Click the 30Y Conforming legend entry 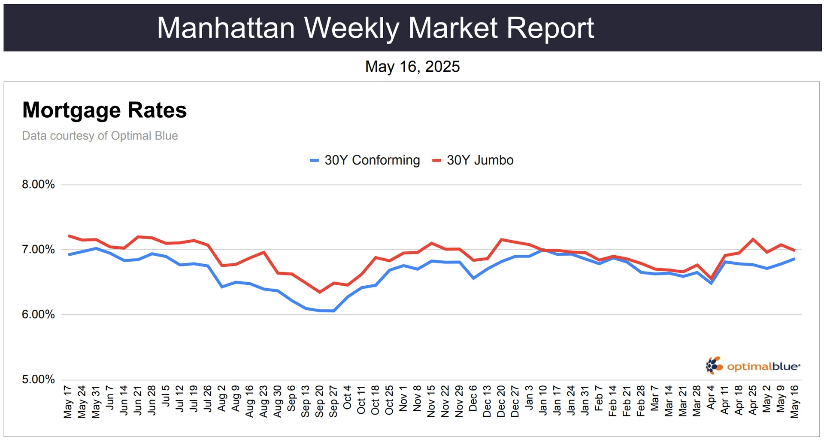[x=365, y=160]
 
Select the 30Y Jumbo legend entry [x=473, y=160]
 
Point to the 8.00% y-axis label [x=38, y=185]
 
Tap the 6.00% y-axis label [x=38, y=315]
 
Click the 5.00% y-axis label [x=38, y=379]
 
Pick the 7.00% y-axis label [x=38, y=250]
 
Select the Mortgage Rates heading [x=104, y=110]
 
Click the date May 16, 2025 [x=412, y=67]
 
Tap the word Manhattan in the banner [x=226, y=28]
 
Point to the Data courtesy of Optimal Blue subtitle [x=100, y=136]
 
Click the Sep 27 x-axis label [x=333, y=401]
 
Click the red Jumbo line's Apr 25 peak [x=753, y=239]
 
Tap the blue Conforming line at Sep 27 [x=333, y=311]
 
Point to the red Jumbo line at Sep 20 [x=320, y=292]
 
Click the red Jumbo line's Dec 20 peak [x=501, y=239]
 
